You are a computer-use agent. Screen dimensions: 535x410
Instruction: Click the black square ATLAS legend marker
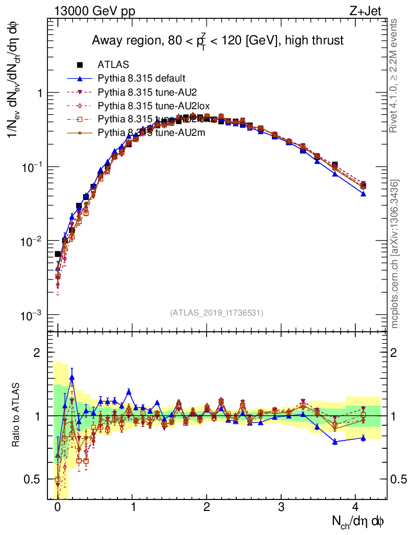click(x=80, y=65)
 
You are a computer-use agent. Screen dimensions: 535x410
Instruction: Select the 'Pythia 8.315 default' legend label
click(x=141, y=78)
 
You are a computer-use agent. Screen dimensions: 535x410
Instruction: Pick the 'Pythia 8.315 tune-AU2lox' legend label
click(x=148, y=105)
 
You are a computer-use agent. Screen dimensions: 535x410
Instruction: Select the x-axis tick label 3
click(x=281, y=506)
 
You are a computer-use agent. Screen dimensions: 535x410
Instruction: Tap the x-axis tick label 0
click(x=57, y=506)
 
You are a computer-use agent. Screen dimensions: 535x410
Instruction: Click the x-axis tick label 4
click(x=356, y=506)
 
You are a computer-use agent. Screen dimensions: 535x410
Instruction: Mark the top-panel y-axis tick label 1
click(x=39, y=93)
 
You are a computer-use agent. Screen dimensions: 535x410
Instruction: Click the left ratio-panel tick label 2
click(x=37, y=353)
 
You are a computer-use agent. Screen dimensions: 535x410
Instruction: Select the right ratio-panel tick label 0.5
click(x=399, y=479)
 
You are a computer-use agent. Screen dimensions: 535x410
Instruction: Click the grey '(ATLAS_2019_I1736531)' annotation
click(x=216, y=313)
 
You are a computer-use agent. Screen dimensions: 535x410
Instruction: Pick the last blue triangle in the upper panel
click(x=363, y=194)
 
